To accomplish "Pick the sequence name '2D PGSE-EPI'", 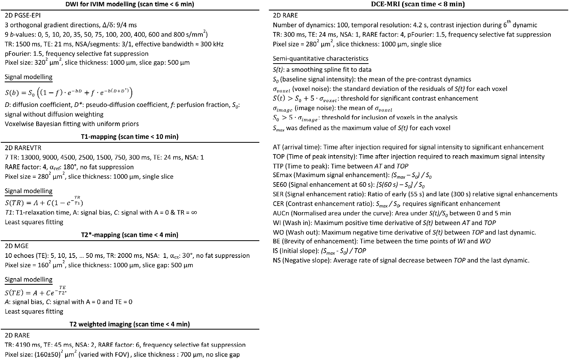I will [x=23, y=16].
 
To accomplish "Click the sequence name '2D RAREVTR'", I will [x=23, y=148].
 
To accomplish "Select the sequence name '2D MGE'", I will [x=17, y=246].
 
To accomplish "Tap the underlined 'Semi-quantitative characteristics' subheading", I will [x=320, y=59].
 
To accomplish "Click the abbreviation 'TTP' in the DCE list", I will [x=278, y=166].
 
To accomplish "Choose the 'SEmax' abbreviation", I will [x=282, y=176].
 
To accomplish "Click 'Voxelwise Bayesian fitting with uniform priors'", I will [x=72, y=124].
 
